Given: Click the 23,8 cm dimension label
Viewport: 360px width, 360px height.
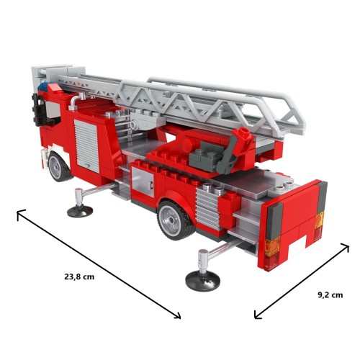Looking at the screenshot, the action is coord(79,276).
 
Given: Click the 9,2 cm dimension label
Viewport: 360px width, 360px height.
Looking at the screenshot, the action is coord(330,295).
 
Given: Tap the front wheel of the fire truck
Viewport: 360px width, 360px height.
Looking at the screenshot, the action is coord(58,166).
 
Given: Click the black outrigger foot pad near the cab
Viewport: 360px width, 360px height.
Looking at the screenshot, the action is coord(80,211).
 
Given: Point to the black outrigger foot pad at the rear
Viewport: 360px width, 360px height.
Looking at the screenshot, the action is coord(203,281).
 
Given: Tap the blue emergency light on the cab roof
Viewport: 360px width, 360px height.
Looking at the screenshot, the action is coord(45,86).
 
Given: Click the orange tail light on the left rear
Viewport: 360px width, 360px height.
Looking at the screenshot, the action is coord(273,246).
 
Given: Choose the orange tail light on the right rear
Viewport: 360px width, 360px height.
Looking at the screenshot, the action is coord(320,220).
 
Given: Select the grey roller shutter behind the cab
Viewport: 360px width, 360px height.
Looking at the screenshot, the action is coord(86,146).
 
